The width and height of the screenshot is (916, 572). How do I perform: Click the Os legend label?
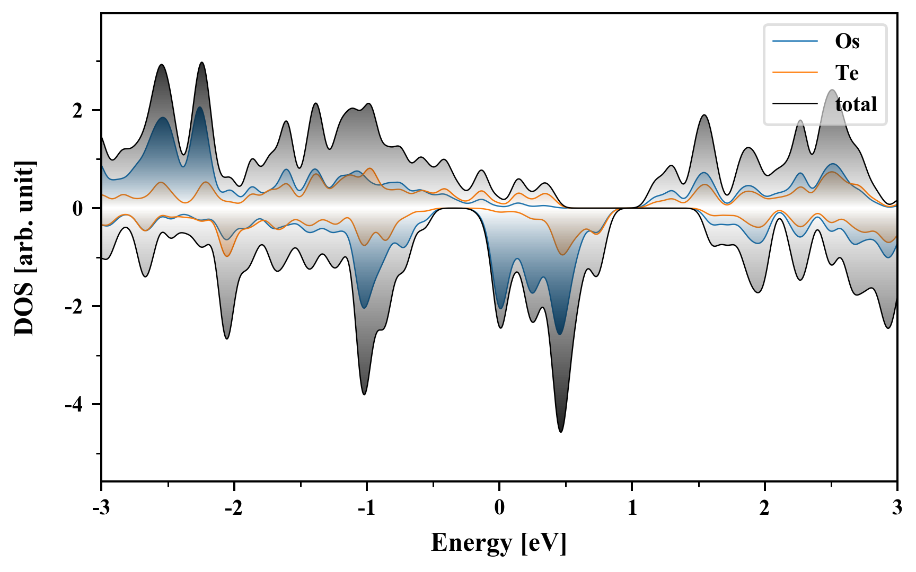pyautogui.click(x=847, y=41)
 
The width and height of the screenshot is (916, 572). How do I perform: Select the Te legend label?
pyautogui.click(x=847, y=73)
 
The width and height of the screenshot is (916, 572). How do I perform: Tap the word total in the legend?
pyautogui.click(x=856, y=104)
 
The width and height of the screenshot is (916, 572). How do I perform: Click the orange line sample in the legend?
pyautogui.click(x=795, y=72)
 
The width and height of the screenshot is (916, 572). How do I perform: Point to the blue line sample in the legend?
pyautogui.click(x=795, y=41)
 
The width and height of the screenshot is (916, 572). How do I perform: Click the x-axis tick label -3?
pyautogui.click(x=101, y=507)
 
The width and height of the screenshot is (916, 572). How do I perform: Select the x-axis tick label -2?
pyautogui.click(x=233, y=507)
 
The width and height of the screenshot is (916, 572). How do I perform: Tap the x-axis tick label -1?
pyautogui.click(x=366, y=507)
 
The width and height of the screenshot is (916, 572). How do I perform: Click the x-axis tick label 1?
pyautogui.click(x=632, y=507)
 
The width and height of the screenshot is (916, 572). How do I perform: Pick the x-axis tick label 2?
pyautogui.click(x=764, y=507)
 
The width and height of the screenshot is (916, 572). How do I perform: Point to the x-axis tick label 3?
pyautogui.click(x=897, y=507)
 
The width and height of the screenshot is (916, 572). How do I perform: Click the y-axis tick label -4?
pyautogui.click(x=74, y=405)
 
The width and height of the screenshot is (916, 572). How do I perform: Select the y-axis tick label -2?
pyautogui.click(x=74, y=307)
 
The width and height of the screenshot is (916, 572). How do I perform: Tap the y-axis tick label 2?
pyautogui.click(x=78, y=111)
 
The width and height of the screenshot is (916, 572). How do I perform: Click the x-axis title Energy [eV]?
pyautogui.click(x=499, y=543)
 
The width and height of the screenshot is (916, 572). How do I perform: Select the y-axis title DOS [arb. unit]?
pyautogui.click(x=24, y=248)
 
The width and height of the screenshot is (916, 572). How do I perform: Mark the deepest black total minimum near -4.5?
pyautogui.click(x=561, y=432)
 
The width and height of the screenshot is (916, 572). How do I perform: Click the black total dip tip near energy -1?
pyautogui.click(x=364, y=394)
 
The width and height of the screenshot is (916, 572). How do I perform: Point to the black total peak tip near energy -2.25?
pyautogui.click(x=201, y=62)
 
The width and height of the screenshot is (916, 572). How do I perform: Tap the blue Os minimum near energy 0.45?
pyautogui.click(x=560, y=334)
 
